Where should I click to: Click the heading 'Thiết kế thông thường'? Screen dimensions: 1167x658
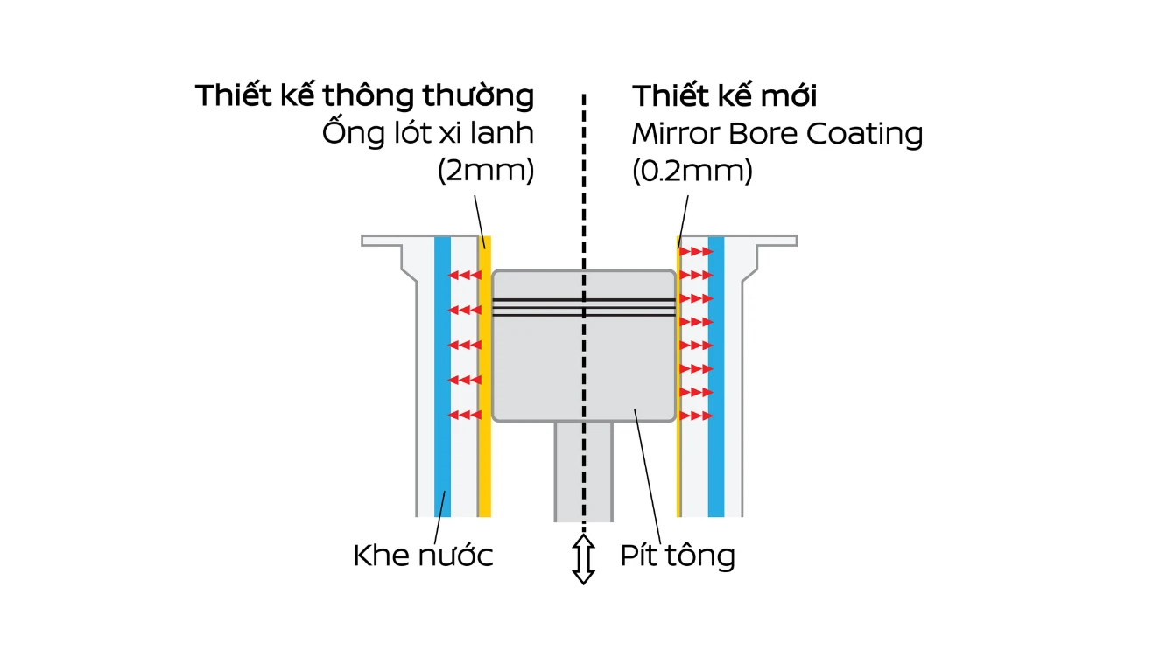click(365, 95)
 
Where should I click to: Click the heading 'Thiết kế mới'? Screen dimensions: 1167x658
click(724, 95)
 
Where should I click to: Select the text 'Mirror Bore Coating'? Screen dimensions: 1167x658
click(777, 133)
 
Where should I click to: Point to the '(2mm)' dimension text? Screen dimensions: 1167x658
click(486, 171)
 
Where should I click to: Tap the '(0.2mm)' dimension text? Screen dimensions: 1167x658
click(692, 171)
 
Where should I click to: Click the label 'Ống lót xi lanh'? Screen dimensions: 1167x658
click(428, 132)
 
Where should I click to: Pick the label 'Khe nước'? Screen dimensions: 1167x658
click(423, 555)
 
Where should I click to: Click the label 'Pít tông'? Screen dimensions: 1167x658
click(678, 556)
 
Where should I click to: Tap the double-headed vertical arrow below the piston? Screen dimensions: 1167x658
click(583, 560)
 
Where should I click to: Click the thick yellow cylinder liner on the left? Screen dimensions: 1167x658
click(484, 376)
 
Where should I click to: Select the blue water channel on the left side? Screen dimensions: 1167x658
click(442, 376)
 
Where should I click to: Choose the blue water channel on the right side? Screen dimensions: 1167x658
click(716, 376)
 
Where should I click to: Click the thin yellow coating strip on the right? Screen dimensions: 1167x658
click(678, 376)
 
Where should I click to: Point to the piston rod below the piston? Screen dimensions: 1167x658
click(583, 471)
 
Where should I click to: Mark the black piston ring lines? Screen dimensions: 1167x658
click(584, 308)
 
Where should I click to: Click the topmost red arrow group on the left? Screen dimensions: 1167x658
click(464, 275)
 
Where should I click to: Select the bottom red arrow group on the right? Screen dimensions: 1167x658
click(697, 416)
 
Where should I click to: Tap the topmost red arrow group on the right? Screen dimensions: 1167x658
click(697, 251)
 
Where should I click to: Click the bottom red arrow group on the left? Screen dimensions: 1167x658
click(464, 415)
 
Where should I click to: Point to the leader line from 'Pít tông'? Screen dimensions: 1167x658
click(648, 477)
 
